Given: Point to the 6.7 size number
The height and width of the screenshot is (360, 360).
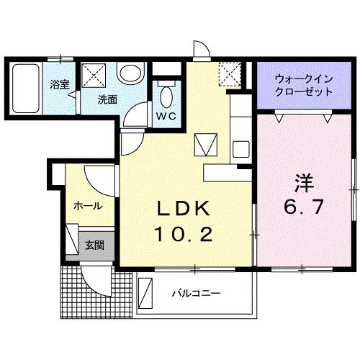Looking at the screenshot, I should (302, 207).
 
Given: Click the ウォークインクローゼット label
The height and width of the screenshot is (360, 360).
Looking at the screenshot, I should (303, 86).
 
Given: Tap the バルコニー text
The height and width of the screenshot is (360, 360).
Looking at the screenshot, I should (196, 294).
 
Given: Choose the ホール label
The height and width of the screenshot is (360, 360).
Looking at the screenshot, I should (86, 206).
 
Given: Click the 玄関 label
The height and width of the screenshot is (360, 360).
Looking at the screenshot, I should (94, 246).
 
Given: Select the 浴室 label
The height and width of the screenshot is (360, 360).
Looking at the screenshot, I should (60, 84).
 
